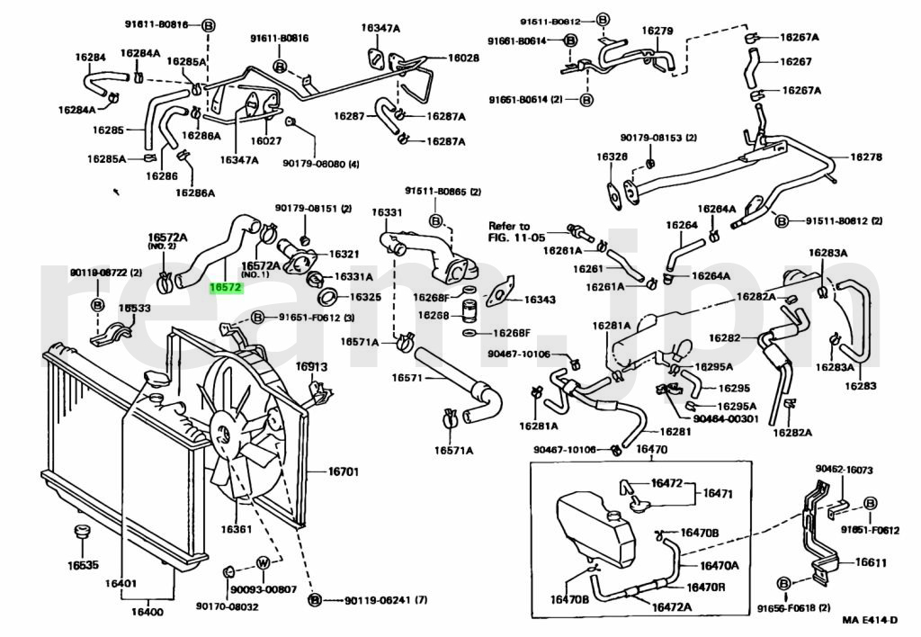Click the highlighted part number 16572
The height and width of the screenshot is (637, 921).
(x=225, y=288)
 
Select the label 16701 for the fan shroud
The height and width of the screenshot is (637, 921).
(x=343, y=470)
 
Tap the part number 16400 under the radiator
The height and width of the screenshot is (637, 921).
(x=148, y=612)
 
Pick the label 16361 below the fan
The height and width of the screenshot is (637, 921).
(x=237, y=528)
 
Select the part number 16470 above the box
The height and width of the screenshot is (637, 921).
(x=651, y=450)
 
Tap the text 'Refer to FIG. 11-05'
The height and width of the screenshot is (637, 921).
(x=510, y=232)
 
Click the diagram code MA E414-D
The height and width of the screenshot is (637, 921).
(x=871, y=620)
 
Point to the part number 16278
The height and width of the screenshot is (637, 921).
(x=867, y=157)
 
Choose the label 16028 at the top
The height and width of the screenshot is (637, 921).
(x=464, y=58)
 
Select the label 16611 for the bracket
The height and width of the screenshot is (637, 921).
(x=871, y=562)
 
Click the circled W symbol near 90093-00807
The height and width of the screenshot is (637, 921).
(x=264, y=562)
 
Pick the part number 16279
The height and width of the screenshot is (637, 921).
(x=657, y=31)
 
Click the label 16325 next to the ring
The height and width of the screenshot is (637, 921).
(x=365, y=297)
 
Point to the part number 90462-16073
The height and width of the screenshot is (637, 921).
(x=845, y=471)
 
